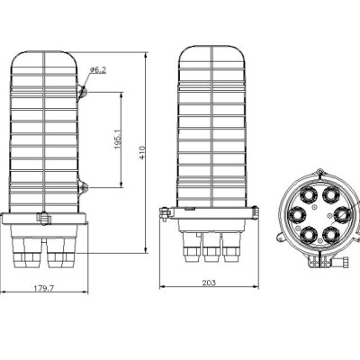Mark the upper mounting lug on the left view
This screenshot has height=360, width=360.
[x=83, y=91]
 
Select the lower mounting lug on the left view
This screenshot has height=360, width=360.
[x=83, y=188]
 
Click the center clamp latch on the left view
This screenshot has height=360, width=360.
[x=42, y=218]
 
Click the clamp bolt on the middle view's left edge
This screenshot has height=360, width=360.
[x=162, y=213]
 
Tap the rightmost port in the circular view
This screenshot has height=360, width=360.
[x=341, y=213]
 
